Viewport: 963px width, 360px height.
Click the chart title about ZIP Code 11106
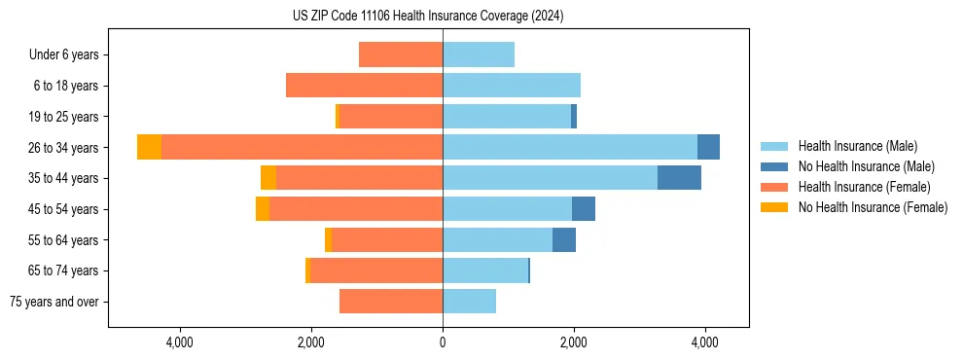point(428,16)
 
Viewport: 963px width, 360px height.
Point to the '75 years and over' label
point(53,302)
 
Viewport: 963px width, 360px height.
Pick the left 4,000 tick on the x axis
point(181,342)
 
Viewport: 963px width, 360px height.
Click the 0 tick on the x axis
point(443,342)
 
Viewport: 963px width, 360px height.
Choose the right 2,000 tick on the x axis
point(573,342)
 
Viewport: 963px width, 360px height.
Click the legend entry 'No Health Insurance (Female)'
point(873,207)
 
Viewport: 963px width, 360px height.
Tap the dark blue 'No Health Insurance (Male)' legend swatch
point(774,166)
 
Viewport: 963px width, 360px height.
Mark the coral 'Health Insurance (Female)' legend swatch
point(774,187)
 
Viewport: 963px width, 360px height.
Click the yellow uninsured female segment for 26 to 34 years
point(149,147)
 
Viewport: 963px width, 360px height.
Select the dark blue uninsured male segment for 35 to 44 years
point(679,178)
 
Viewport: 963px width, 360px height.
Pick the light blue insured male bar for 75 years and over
point(469,302)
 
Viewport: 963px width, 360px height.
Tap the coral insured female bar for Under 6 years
point(401,54)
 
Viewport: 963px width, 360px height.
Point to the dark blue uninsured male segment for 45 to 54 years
point(584,209)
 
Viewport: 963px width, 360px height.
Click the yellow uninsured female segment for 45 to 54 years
point(263,209)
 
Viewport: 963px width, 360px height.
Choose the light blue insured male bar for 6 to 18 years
point(512,86)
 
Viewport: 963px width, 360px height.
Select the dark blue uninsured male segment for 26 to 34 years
point(708,147)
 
